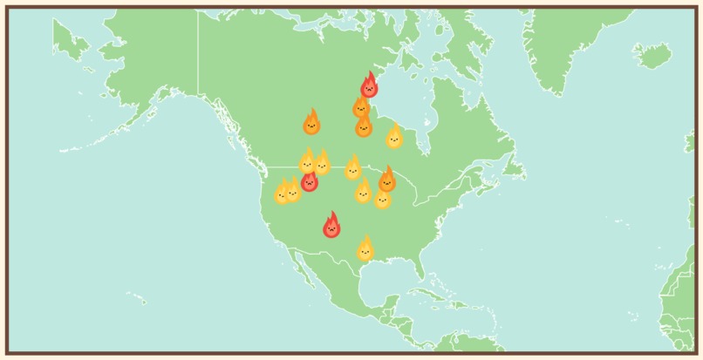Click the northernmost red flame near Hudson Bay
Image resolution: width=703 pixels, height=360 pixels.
point(369,86)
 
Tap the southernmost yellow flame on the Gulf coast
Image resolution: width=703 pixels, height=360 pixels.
point(365,250)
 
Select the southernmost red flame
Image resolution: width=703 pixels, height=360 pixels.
point(331,227)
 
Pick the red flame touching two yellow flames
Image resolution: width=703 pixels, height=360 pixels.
point(310,181)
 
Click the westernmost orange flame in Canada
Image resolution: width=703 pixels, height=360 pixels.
point(311,124)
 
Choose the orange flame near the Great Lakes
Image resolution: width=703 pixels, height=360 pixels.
point(386,180)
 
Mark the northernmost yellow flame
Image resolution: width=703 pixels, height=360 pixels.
point(394,137)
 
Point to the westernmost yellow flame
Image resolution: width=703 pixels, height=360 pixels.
point(282,193)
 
